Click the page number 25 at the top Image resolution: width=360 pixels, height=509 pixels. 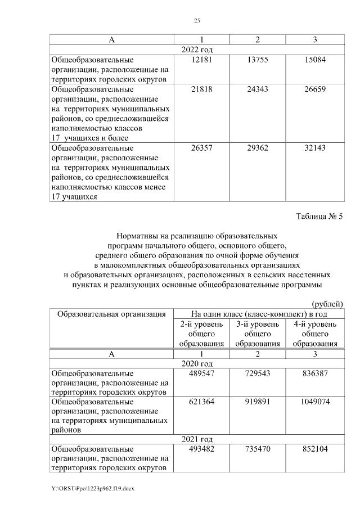(x=197, y=21)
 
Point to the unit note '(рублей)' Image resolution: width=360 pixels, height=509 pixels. (x=327, y=304)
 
